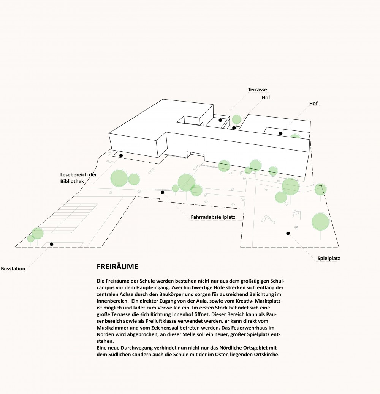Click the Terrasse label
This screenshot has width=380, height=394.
[257, 90]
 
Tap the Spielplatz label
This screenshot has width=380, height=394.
[329, 258]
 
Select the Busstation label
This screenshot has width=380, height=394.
[13, 268]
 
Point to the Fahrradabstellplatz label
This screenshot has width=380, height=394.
[213, 217]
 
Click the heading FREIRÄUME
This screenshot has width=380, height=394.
[117, 267]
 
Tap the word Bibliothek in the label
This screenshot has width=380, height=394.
[72, 181]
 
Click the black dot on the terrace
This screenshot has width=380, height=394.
[220, 120]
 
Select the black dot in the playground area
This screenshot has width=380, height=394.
[288, 233]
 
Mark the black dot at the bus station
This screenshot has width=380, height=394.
[51, 244]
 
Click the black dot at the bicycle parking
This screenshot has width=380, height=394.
[162, 192]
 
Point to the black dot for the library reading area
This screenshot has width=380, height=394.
[121, 155]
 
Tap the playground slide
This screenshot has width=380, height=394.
[268, 219]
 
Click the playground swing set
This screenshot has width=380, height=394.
[297, 215]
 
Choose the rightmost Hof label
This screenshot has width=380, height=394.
[313, 103]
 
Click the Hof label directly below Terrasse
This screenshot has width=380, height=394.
[266, 97]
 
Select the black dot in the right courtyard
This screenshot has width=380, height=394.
[281, 133]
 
